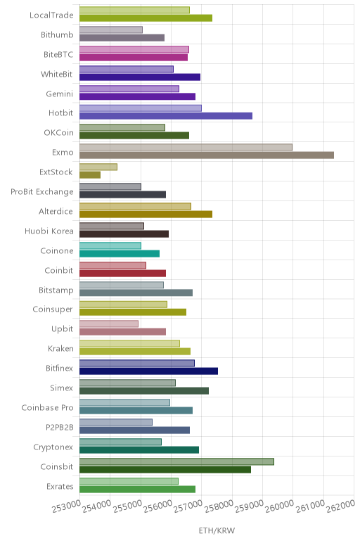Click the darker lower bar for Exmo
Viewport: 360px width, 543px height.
point(207,155)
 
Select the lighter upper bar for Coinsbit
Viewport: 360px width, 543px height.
point(176,461)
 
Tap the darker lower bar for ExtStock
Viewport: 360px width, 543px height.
point(90,175)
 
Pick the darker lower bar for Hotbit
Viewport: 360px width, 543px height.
point(166,115)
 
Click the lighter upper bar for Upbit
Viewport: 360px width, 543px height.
point(109,324)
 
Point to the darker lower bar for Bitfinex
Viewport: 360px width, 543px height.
point(149,371)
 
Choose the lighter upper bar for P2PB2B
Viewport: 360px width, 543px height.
point(116,422)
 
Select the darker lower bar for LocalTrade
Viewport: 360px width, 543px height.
point(146,18)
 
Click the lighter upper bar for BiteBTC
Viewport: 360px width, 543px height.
point(134,49)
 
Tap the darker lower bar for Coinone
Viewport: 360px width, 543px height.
point(120,253)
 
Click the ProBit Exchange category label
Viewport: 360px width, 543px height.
point(42,192)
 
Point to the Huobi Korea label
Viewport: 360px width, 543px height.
point(49,231)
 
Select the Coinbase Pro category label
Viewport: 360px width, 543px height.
point(47,407)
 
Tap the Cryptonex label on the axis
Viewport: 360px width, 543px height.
point(53,447)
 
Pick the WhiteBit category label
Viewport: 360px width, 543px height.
point(56,74)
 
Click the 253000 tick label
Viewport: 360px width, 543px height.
point(67,506)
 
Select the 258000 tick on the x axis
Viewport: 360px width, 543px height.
point(219,506)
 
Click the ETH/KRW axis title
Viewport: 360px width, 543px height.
point(217,530)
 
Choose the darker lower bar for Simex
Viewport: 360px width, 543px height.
point(144,390)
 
